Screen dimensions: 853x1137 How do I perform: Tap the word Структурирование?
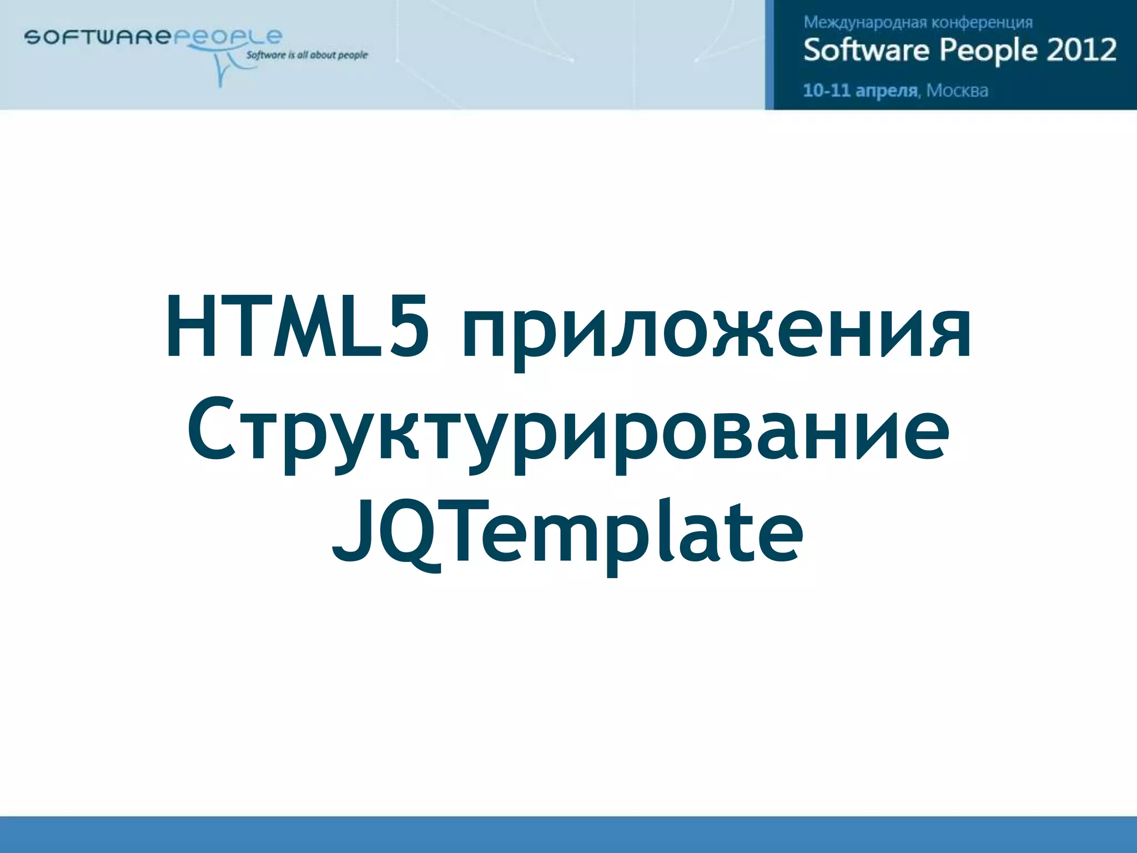(x=567, y=433)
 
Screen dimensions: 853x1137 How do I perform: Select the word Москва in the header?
(x=957, y=91)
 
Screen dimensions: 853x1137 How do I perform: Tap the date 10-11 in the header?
(x=827, y=91)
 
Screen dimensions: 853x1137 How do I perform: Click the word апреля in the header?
(x=887, y=91)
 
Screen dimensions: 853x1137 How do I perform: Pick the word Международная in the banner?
(x=865, y=23)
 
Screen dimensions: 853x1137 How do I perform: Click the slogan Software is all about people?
(x=307, y=55)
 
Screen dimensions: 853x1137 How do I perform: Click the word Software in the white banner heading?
(x=867, y=50)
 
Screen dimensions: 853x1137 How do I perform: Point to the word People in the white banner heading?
(x=988, y=50)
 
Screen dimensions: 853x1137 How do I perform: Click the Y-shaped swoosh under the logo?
(x=222, y=69)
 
